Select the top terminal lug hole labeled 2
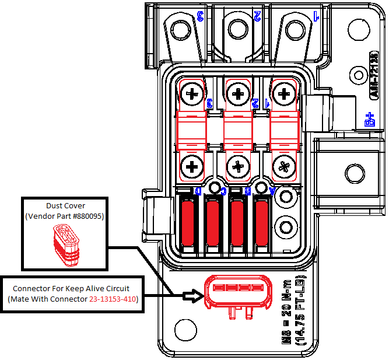[x=238, y=27]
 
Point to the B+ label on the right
[x=369, y=120]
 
